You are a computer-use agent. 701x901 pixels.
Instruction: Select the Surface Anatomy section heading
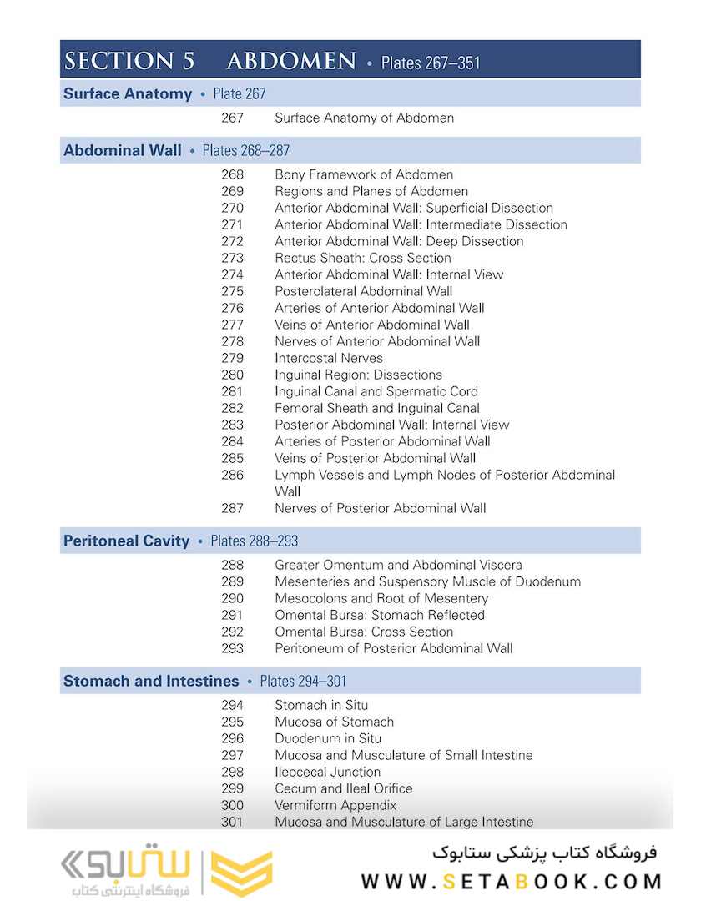coord(128,94)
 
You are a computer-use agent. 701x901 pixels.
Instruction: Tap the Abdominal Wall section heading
coord(123,151)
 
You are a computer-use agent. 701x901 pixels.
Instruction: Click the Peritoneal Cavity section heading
coord(127,541)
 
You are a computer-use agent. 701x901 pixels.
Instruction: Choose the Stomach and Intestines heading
coord(151,682)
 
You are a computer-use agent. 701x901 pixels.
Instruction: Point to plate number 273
coord(233,258)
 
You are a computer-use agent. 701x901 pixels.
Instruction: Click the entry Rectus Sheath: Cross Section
coord(363,258)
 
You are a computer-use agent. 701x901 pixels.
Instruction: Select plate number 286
coord(233,475)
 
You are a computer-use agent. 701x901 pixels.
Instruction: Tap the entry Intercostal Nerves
coord(329,358)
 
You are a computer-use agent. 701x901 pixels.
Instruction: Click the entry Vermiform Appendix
coord(335,805)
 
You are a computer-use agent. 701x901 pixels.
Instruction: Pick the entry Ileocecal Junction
coord(328,772)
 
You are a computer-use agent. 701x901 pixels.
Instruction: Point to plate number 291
coord(233,615)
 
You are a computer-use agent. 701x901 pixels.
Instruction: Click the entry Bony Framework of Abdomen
coord(364,174)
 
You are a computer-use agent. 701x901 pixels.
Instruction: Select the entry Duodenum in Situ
coord(328,738)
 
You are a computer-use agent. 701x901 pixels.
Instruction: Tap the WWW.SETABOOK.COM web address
coord(512,882)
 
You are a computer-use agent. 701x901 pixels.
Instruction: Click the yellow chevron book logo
coord(241,873)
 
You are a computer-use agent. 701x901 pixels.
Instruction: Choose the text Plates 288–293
coord(254,541)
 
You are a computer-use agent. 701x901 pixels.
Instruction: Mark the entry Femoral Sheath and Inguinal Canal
coord(377,408)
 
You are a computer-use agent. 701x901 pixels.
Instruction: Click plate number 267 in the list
coord(233,118)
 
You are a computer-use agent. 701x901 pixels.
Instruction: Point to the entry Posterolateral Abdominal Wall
coord(364,291)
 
